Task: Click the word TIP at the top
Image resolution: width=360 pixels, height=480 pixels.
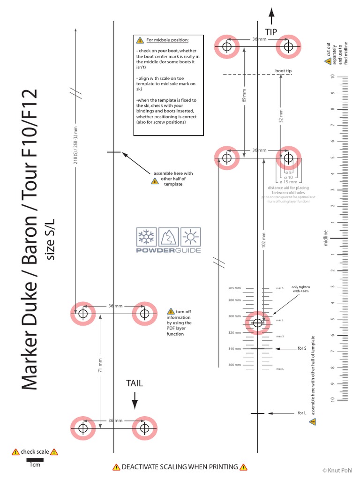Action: pos(271,32)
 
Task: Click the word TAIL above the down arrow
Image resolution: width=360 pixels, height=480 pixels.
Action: pos(135,383)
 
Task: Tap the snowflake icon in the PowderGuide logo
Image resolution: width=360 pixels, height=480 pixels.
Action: pos(146,237)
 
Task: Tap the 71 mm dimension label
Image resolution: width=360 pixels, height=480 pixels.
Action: pos(100,365)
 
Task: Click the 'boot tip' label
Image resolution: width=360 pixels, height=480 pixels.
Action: pos(283,71)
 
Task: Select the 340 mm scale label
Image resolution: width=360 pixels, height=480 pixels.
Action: pos(235,349)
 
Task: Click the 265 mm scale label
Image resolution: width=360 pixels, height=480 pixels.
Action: pos(235,288)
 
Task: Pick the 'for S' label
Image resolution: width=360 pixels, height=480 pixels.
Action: pos(302,348)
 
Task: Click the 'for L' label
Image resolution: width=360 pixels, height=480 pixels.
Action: pos(302,413)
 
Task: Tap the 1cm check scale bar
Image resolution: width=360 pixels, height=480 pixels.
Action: pos(35,460)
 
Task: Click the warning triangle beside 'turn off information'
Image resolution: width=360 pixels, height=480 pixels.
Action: pos(171,311)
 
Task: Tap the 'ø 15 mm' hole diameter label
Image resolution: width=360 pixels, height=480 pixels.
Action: pos(288,182)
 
